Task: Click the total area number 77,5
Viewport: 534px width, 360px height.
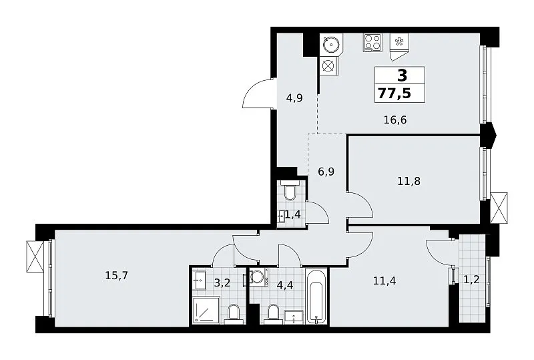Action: point(394,93)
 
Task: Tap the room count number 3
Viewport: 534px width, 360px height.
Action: point(403,75)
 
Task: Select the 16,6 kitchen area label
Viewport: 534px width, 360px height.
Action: point(395,120)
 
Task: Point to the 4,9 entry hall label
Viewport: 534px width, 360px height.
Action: point(294,98)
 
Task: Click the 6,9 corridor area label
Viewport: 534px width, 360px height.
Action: point(326,172)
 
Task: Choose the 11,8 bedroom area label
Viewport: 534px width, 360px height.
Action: point(409,181)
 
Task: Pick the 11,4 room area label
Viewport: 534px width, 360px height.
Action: point(384,281)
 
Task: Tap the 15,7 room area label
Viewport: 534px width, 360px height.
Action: point(116,275)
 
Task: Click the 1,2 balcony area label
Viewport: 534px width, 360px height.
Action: point(472,280)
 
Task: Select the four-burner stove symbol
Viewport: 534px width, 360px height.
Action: point(372,43)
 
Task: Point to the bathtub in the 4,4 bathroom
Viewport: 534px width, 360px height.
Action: point(316,296)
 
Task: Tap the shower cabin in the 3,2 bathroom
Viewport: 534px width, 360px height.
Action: point(206,309)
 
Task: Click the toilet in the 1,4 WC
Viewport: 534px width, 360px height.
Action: point(290,191)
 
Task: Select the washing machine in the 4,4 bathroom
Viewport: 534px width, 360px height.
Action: point(259,277)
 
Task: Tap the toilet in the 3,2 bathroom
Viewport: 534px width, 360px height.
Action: point(234,314)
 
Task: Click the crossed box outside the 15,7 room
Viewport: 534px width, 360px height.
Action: point(35,256)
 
